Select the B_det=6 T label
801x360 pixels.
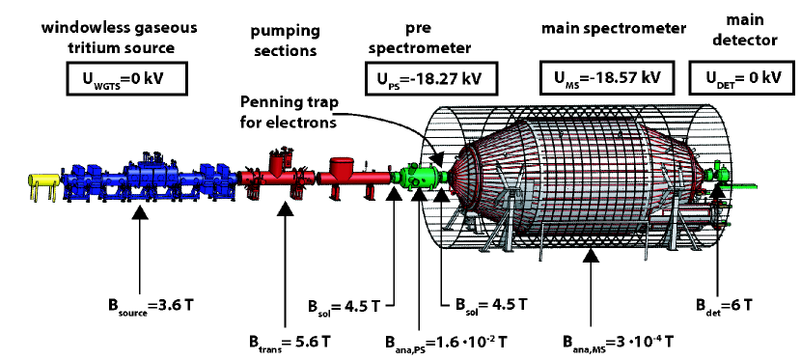pyautogui.click(x=724, y=305)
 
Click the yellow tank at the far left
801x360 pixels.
pyautogui.click(x=42, y=181)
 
